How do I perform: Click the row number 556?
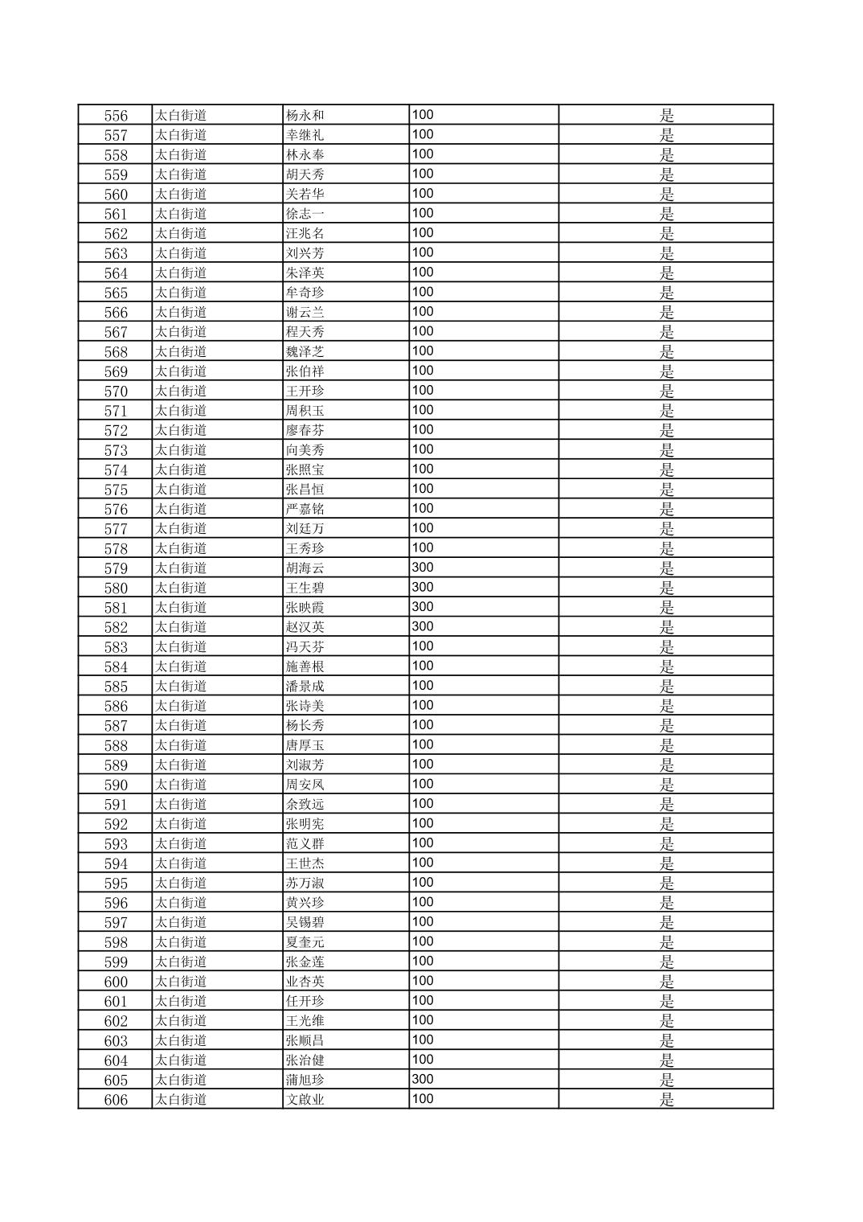(x=116, y=116)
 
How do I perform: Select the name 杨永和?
(x=305, y=116)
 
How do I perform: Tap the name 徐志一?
(x=305, y=214)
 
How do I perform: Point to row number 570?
(x=116, y=392)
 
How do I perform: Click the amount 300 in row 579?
(x=423, y=568)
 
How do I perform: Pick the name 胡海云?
(x=305, y=568)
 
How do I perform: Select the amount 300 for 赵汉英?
(x=423, y=627)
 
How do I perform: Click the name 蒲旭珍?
(x=305, y=1081)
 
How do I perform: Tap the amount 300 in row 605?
(x=423, y=1080)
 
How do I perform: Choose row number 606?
(x=116, y=1100)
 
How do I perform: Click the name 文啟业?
(x=305, y=1100)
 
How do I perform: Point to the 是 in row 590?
(x=667, y=785)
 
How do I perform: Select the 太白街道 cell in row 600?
(x=181, y=982)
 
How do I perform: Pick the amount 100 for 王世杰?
(x=423, y=863)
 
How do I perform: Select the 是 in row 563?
(x=667, y=253)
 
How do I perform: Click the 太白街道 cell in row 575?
(x=181, y=490)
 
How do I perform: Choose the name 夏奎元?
(x=305, y=942)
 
